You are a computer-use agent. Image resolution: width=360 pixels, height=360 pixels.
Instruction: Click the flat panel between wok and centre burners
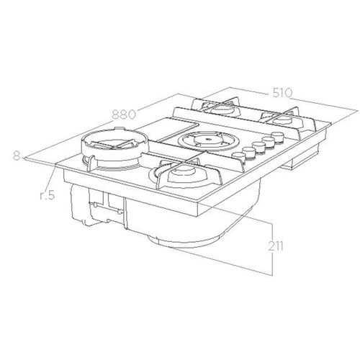[x=155, y=132]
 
